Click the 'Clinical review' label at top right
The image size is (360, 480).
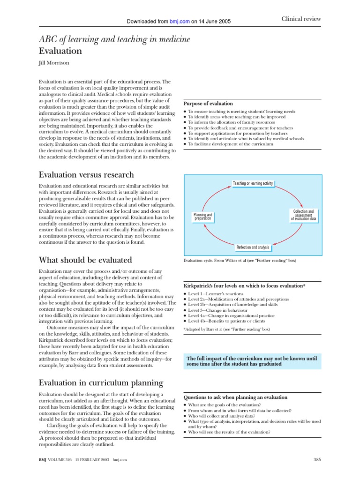pos(301,19)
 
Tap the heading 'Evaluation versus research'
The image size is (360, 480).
pos(86,175)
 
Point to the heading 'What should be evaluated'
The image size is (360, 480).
pos(85,260)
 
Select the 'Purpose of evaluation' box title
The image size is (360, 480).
pos(208,103)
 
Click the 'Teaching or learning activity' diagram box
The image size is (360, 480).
pos(253,183)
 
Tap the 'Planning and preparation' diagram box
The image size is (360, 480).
pos(203,217)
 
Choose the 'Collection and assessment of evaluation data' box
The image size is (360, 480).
pos(303,215)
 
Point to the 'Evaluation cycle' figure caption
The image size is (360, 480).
pos(239,260)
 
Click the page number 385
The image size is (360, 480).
pos(316,459)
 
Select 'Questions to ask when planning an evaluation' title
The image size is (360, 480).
pos(235,397)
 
